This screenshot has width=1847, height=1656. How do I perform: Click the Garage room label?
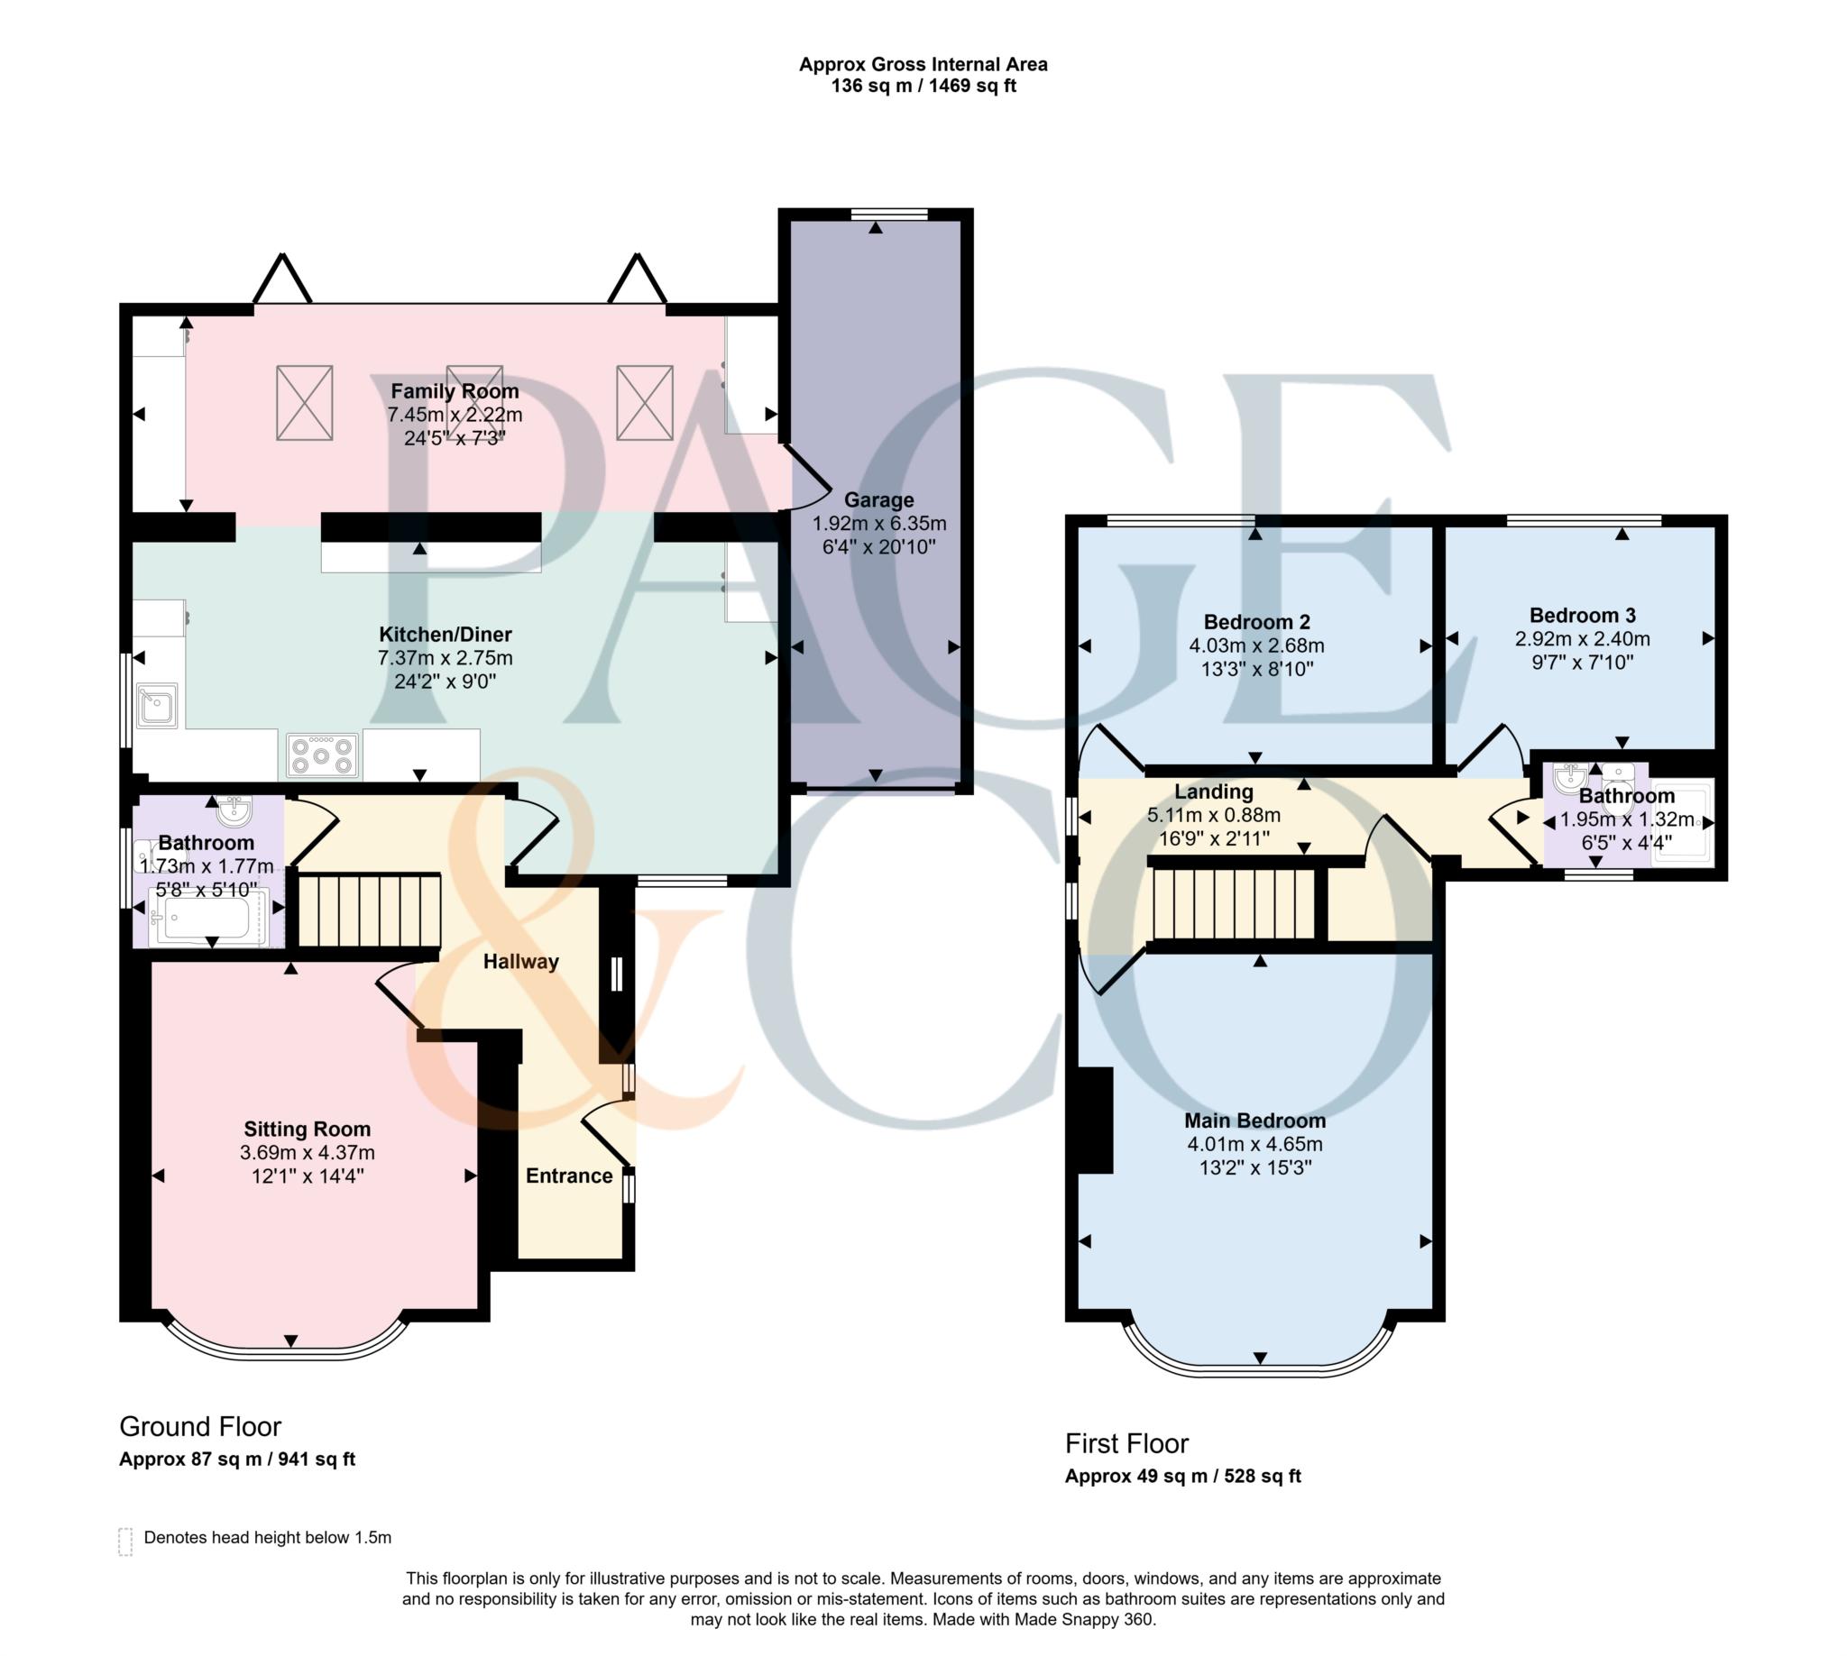(878, 499)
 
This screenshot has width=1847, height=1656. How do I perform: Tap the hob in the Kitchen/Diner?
(322, 755)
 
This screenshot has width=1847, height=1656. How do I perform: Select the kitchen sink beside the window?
(158, 706)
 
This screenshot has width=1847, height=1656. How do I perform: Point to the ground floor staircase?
(369, 910)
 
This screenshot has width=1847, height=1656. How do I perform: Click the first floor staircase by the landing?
(1234, 903)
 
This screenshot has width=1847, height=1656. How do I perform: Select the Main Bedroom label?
(1254, 1120)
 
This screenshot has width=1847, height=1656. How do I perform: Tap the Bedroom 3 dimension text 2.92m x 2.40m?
(1581, 639)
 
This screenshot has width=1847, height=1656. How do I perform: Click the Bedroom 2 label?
(1255, 622)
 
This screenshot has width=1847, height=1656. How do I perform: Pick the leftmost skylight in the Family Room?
(304, 403)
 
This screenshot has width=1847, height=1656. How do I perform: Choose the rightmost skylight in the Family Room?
(644, 402)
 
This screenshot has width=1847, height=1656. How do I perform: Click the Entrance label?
(568, 1176)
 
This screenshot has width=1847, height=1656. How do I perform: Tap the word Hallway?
(519, 962)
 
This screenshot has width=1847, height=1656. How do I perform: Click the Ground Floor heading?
(199, 1426)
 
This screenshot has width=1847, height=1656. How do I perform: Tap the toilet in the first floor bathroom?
(1618, 776)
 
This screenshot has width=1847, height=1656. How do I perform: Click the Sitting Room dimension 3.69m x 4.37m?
(307, 1153)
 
